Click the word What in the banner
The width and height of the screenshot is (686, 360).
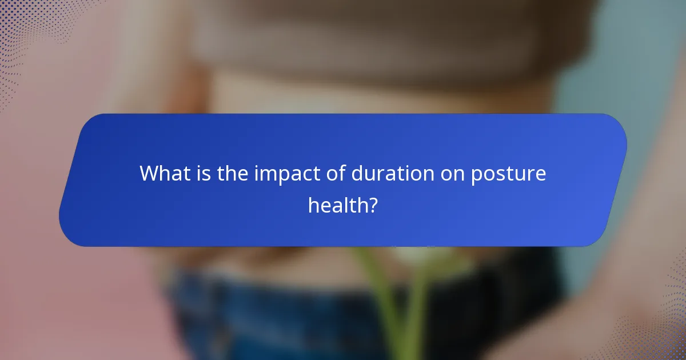pos(162,173)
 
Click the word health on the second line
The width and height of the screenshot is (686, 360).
pos(337,205)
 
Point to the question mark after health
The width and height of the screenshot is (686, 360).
pos(373,205)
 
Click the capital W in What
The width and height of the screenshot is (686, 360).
pos(150,173)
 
